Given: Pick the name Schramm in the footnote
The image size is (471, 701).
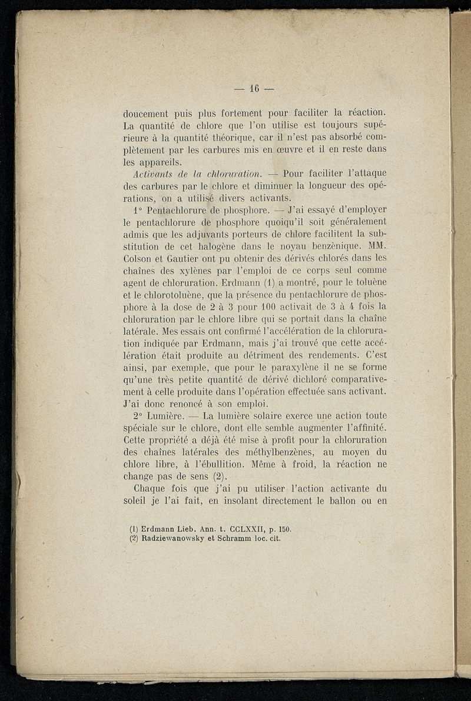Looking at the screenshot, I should pos(236,538).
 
